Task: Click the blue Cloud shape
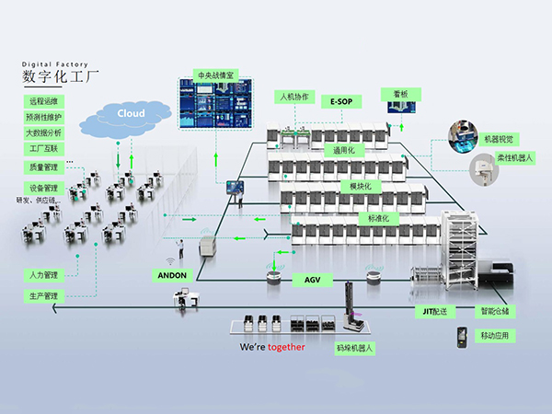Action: (131, 113)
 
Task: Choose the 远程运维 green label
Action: (43, 101)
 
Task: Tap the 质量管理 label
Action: (43, 167)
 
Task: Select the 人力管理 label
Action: (43, 274)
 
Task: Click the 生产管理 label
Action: (43, 296)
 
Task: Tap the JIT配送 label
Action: (435, 311)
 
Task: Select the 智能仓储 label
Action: (493, 311)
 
